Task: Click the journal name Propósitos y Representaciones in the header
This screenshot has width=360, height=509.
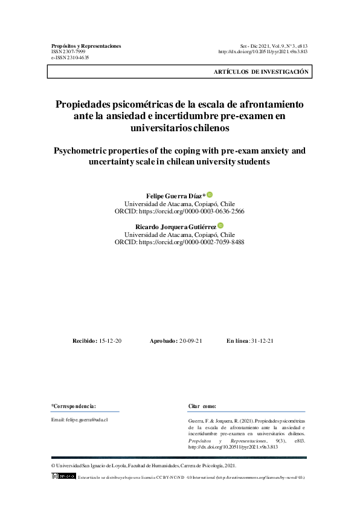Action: coord(86,46)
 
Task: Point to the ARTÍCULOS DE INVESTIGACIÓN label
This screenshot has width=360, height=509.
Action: coord(261,71)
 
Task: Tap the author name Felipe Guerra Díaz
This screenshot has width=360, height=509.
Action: coord(175,196)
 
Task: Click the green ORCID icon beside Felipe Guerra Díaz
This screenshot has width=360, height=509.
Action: coord(210,195)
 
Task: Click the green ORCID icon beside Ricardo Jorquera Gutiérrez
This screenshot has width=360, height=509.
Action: coord(220,225)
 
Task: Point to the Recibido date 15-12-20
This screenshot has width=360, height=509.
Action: coord(110,341)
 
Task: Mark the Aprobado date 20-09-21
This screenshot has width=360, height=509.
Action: coord(190,341)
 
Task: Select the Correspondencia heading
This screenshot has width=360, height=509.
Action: coord(74,406)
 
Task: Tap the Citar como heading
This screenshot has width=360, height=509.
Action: coord(202,406)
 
